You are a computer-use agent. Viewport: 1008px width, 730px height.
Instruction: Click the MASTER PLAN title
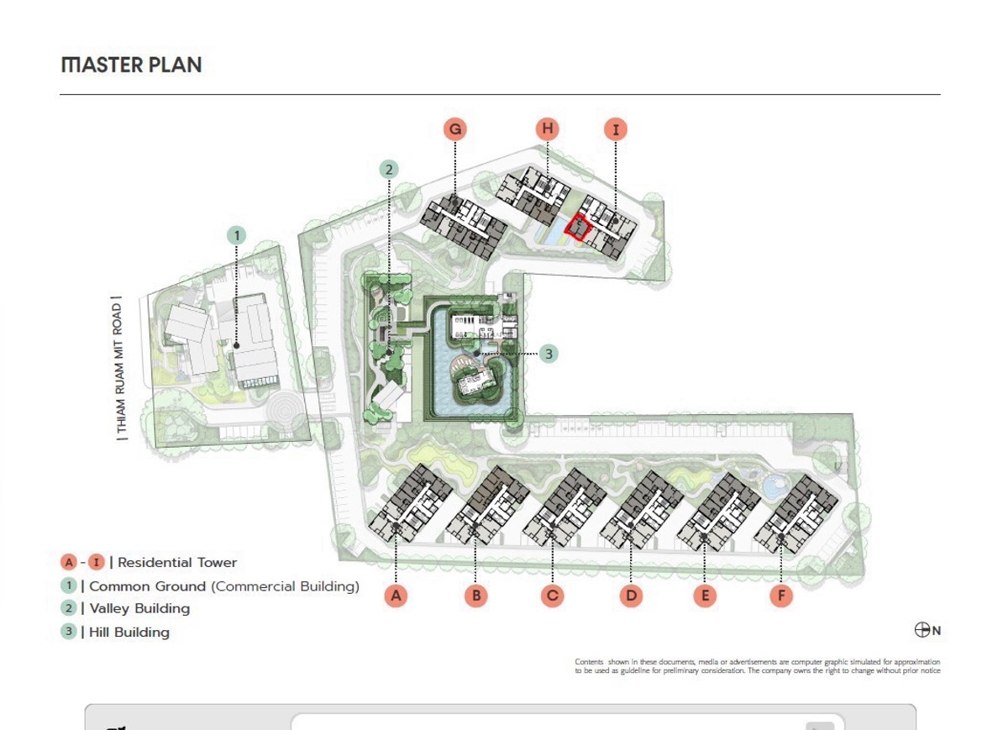[x=131, y=66]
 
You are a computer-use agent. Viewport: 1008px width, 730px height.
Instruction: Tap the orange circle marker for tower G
[x=455, y=129]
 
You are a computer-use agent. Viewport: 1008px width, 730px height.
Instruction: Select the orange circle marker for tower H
[x=547, y=129]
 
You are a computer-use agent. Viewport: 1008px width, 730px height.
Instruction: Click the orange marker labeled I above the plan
[x=616, y=129]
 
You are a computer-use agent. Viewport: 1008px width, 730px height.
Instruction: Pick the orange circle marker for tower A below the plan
[x=396, y=596]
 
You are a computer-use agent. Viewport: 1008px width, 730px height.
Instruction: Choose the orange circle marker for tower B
[x=476, y=596]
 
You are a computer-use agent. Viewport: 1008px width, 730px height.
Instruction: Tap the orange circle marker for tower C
[x=553, y=596]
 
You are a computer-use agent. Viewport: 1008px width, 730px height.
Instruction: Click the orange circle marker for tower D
[x=631, y=596]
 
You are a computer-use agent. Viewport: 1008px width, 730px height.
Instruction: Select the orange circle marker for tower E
[x=705, y=596]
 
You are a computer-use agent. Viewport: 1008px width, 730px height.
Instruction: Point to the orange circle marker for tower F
[x=781, y=596]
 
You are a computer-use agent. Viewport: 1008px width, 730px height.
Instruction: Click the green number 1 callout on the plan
[x=237, y=235]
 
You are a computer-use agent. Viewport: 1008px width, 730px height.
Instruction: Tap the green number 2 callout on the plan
[x=389, y=170]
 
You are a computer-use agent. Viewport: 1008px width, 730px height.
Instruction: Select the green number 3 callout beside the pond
[x=548, y=354]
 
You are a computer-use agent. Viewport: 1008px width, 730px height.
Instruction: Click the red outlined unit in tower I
[x=577, y=228]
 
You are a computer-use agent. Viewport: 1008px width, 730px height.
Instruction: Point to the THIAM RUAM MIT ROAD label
[x=118, y=369]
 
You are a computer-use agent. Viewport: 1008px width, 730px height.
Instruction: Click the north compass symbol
[x=922, y=630]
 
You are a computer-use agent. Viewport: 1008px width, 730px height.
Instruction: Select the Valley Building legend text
[x=139, y=608]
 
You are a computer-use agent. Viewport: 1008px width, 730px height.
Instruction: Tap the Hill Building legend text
[x=129, y=633]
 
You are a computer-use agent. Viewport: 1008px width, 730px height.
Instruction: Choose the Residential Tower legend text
[x=177, y=563]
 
